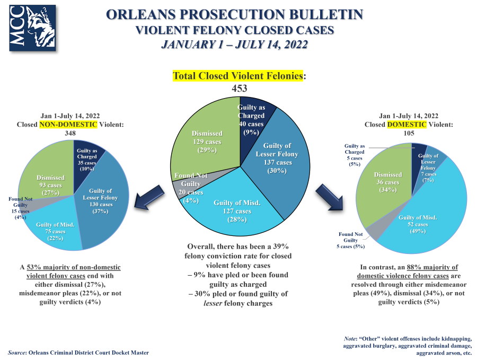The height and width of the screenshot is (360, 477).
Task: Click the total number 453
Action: point(240,89)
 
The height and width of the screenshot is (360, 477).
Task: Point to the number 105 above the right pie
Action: point(409,134)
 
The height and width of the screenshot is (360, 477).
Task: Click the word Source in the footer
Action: point(17,353)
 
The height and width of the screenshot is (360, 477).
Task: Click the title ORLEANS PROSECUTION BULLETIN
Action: point(235,14)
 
